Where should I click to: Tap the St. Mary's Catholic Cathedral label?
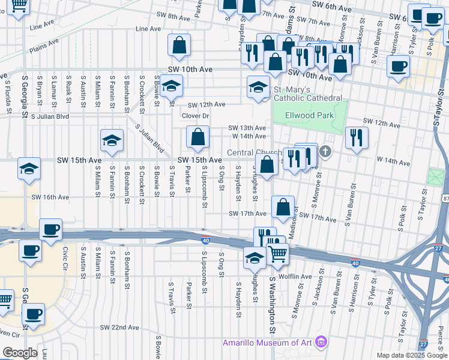(x=308, y=94)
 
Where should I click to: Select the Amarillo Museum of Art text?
(x=268, y=343)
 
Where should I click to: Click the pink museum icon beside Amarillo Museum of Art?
(x=322, y=343)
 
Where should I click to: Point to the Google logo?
(x=19, y=353)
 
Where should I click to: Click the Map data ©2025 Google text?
(x=412, y=355)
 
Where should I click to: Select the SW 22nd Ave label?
(x=119, y=328)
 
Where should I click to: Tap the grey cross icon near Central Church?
(x=325, y=151)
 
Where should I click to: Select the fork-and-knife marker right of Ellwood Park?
(x=357, y=137)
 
